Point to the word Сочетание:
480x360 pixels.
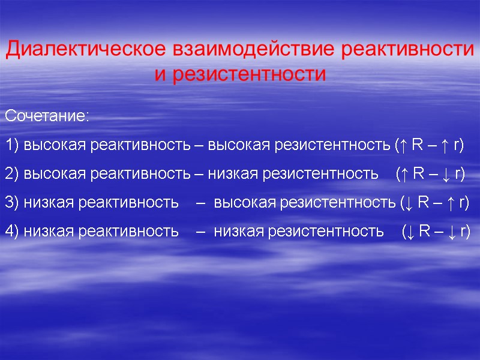(x=47, y=116)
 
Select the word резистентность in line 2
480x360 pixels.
(x=319, y=174)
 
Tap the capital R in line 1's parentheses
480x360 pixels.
(x=417, y=145)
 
